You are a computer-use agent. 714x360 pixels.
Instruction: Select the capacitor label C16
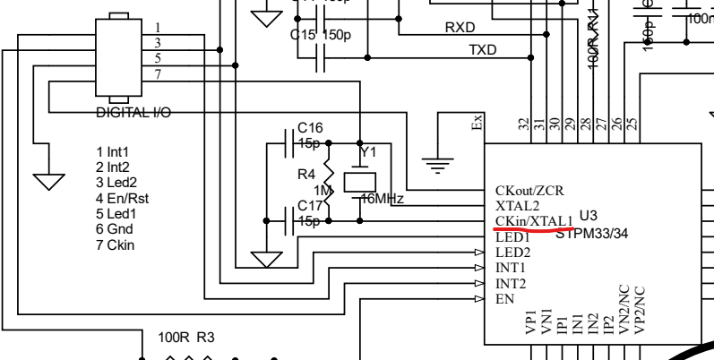pyautogui.click(x=309, y=128)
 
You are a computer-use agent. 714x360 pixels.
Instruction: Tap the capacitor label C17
pyautogui.click(x=309, y=205)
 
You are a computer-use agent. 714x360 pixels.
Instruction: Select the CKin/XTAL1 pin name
pyautogui.click(x=533, y=220)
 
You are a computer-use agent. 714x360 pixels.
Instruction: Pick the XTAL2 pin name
pyautogui.click(x=517, y=205)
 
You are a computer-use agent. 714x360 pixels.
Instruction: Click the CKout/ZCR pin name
pyautogui.click(x=529, y=191)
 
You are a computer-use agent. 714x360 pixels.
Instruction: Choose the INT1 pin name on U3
pyautogui.click(x=511, y=268)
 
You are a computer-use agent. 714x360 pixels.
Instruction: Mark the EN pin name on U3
pyautogui.click(x=503, y=298)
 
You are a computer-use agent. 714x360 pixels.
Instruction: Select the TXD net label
pyautogui.click(x=484, y=50)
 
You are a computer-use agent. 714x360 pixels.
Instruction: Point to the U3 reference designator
pyautogui.click(x=588, y=215)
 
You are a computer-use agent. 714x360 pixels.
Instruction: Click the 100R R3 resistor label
pyautogui.click(x=185, y=339)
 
